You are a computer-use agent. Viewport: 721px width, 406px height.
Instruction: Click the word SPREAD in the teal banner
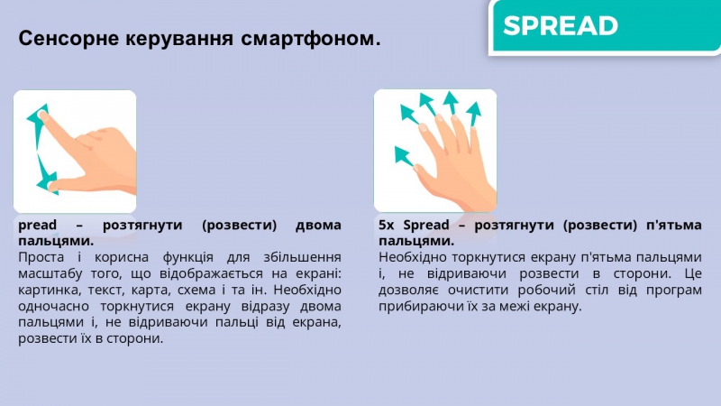point(561,26)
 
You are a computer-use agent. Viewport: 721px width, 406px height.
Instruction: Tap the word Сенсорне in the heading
point(68,38)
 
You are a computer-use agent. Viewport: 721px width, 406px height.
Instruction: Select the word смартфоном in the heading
point(311,38)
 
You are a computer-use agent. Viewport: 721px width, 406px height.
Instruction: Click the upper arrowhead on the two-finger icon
point(38,115)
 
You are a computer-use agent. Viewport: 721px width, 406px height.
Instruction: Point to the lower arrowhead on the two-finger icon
point(48,183)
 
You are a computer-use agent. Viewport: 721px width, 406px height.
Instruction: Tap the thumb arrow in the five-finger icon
point(404,156)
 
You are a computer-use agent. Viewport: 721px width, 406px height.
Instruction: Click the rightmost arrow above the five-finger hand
point(473,114)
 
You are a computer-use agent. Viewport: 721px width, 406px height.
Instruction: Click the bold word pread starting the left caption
point(37,225)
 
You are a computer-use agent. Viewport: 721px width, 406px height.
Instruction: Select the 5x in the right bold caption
point(387,225)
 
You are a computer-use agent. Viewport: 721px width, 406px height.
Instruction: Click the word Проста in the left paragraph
point(41,257)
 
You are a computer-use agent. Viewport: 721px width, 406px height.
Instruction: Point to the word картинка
point(48,290)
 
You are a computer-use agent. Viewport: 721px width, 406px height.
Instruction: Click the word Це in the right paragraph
point(693,274)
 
